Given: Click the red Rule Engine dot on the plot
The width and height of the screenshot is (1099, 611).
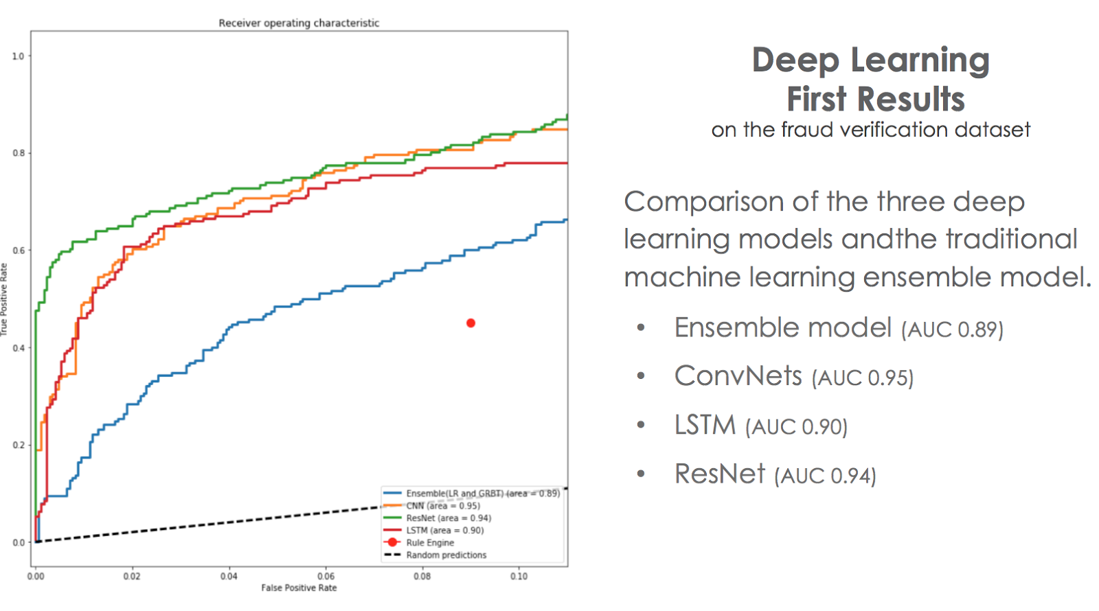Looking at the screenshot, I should (x=471, y=323).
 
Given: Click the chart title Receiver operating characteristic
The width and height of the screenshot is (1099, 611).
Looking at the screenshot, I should (x=299, y=23).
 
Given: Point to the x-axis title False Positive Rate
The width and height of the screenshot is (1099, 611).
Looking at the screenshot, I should (x=299, y=588).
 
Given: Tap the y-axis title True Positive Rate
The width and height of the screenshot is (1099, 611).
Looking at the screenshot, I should (x=4, y=299).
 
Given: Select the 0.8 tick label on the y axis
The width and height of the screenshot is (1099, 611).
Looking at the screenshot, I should (x=18, y=153).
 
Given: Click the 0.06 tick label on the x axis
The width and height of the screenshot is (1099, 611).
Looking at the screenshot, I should (x=326, y=576).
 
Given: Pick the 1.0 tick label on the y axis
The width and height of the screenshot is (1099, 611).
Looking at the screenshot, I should (x=18, y=56).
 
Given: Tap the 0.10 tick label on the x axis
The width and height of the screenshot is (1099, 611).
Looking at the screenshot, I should (x=519, y=576).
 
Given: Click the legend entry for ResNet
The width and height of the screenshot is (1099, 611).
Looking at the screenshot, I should (x=448, y=518).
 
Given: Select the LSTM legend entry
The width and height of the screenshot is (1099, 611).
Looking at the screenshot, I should (x=444, y=530).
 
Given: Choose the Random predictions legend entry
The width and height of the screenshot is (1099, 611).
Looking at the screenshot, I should (x=446, y=555).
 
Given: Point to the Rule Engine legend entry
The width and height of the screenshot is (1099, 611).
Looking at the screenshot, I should (x=430, y=542).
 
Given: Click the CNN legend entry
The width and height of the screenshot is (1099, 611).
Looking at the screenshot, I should (x=442, y=505).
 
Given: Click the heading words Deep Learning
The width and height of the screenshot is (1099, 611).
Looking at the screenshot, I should (x=870, y=60).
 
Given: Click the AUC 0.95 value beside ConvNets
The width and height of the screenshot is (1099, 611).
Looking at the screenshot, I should (x=863, y=378).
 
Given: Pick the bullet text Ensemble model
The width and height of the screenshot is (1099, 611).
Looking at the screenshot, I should (x=783, y=327).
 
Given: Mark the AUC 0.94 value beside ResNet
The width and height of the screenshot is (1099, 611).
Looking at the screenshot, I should (x=825, y=475).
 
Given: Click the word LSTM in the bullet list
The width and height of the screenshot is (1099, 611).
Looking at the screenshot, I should (x=705, y=425).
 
